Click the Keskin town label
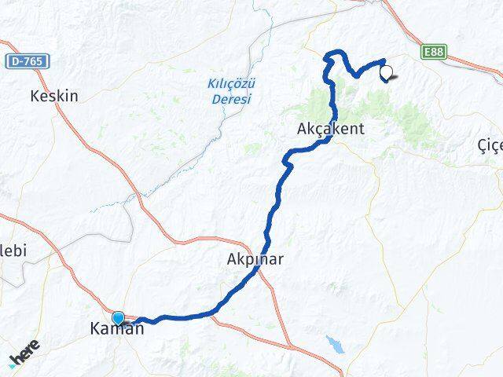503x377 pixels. click(x=54, y=96)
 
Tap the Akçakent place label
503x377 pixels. click(x=331, y=129)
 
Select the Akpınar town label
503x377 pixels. click(x=254, y=258)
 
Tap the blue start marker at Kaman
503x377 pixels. click(x=119, y=318)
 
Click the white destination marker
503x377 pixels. click(x=386, y=74)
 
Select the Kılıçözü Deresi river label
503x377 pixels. click(x=232, y=91)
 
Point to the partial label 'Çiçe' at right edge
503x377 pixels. click(x=490, y=145)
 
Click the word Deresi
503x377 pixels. click(x=232, y=99)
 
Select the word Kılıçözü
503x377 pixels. click(x=232, y=83)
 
